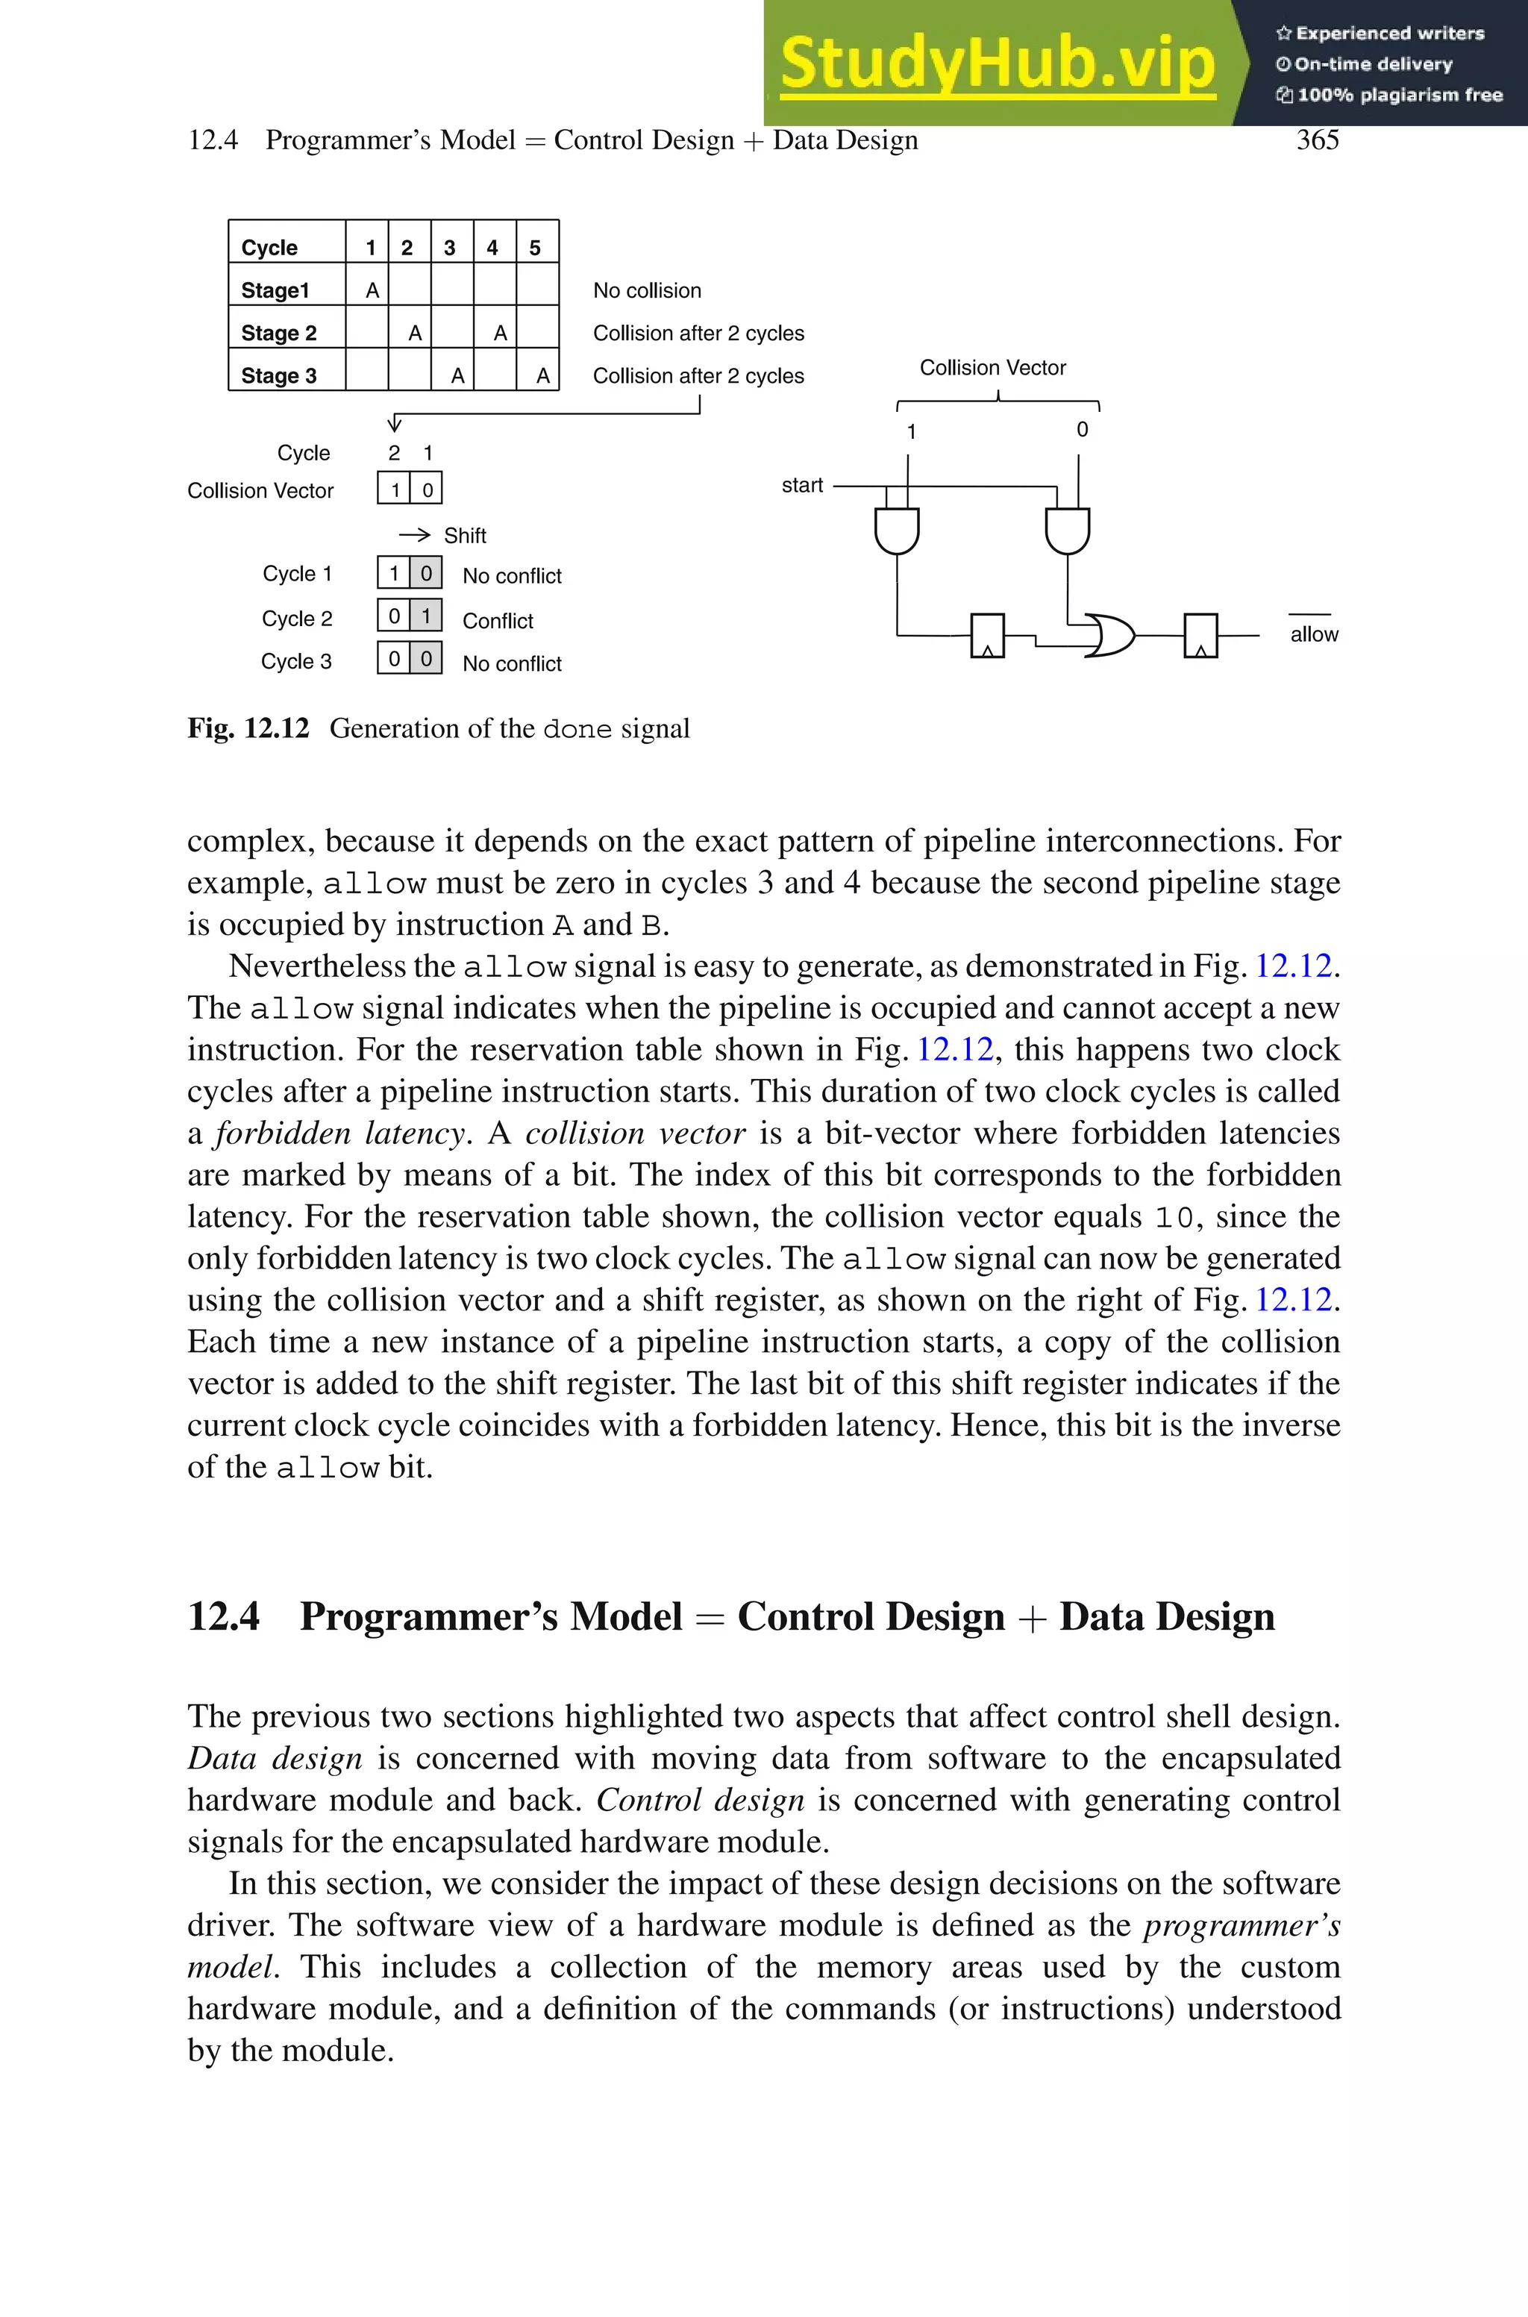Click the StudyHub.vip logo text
(x=997, y=64)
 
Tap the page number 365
(x=1317, y=140)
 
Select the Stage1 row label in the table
(x=275, y=290)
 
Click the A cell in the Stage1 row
(x=372, y=290)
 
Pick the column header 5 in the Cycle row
(x=535, y=248)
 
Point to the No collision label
(x=647, y=290)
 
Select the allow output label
(x=1314, y=634)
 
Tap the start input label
(x=802, y=485)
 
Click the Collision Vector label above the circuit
(x=992, y=367)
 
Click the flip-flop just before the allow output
(x=1200, y=635)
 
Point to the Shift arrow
(x=415, y=535)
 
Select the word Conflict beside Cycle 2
(x=498, y=621)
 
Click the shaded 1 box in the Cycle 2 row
(x=426, y=616)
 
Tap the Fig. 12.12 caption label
(x=248, y=729)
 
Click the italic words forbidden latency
(x=340, y=1134)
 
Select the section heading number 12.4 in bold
(x=223, y=1616)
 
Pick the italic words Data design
(x=275, y=1759)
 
